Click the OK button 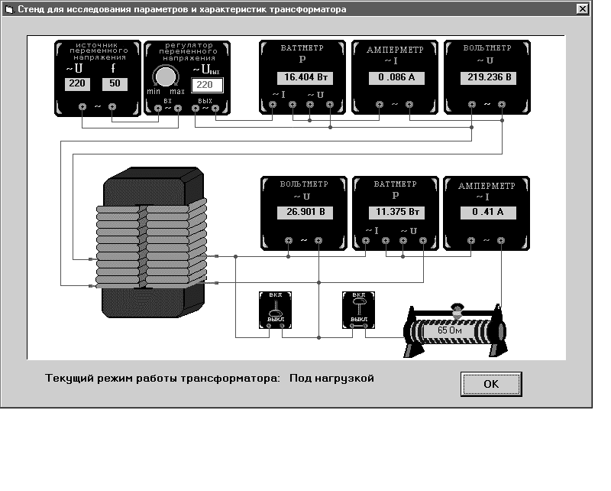coord(491,384)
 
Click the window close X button coord(582,8)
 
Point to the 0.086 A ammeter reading coord(396,78)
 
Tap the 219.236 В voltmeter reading coord(489,78)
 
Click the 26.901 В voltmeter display coord(305,213)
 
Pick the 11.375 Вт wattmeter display coord(396,213)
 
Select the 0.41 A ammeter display coord(488,213)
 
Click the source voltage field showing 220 coord(77,84)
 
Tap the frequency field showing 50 coord(115,84)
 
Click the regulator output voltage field coord(207,85)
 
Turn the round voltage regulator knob coord(166,76)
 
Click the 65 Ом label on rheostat coord(450,330)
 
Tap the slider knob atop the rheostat coord(457,310)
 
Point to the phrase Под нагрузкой coord(331,379)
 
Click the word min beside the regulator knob coord(154,91)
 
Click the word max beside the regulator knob coord(177,92)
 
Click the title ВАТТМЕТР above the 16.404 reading coord(302,48)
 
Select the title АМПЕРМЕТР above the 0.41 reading coord(487,186)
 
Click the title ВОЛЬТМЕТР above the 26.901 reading coord(304,184)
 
